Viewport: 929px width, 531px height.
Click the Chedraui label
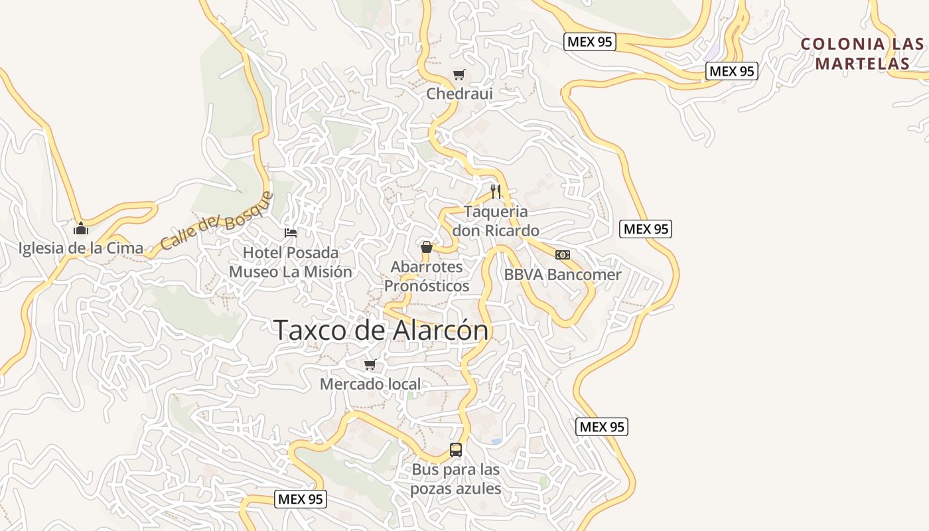459,94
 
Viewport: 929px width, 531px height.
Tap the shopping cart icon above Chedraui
459,74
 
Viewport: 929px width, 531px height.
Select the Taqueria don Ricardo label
496,221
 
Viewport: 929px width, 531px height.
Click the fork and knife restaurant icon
496,192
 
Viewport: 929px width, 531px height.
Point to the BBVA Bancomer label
563,274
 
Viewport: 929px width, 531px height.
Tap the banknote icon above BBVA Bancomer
563,255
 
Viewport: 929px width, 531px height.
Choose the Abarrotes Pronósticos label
427,276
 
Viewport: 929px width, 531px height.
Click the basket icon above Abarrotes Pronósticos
427,247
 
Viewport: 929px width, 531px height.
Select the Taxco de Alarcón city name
381,330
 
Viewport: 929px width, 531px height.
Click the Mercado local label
370,384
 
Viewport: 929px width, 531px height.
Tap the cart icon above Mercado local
370,364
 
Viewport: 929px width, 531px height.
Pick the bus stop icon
456,449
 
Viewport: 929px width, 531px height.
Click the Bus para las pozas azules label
456,479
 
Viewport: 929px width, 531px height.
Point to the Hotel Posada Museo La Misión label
291,262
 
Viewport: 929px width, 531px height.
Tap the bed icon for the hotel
291,232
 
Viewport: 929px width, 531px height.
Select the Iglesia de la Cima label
81,248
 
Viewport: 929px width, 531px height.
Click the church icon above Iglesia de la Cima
81,229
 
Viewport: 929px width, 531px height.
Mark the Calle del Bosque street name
217,221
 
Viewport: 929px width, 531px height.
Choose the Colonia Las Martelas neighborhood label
862,54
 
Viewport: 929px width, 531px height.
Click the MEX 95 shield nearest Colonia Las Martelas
731,71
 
